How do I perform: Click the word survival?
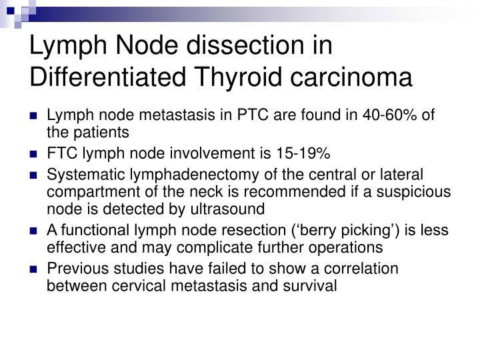[x=315, y=287]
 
